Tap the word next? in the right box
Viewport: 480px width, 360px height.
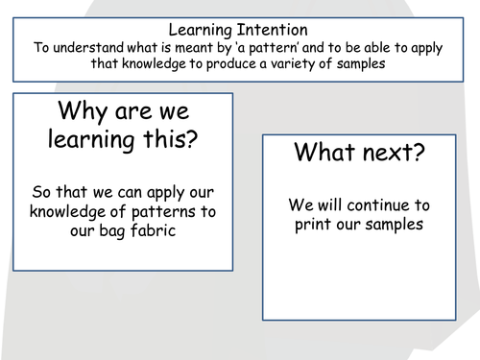[396, 153]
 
